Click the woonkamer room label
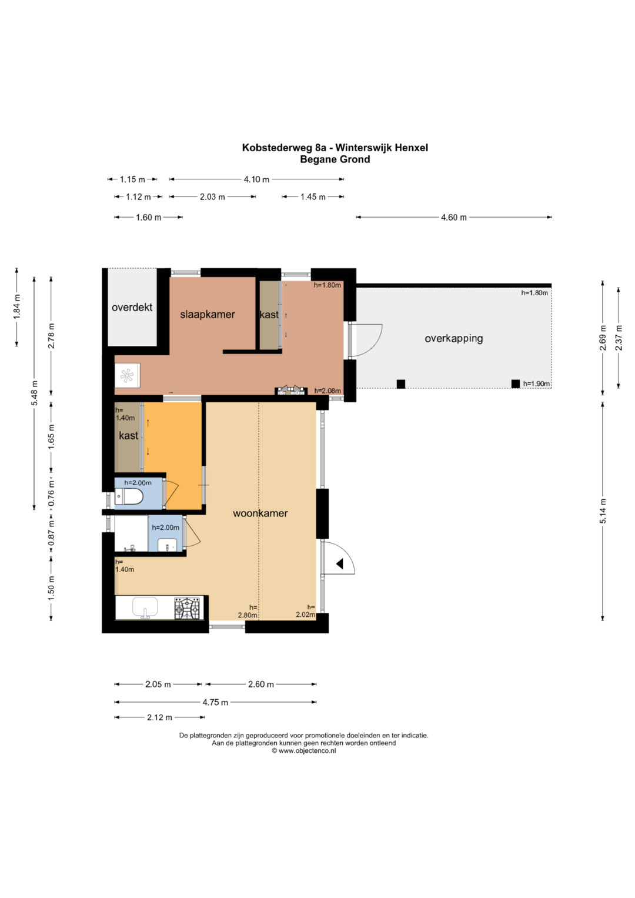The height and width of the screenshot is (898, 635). (x=260, y=513)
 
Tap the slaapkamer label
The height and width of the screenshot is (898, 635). (x=207, y=315)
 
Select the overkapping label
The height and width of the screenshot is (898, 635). (x=454, y=338)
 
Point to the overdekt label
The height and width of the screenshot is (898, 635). (x=132, y=308)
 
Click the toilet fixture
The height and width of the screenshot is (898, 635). (x=129, y=498)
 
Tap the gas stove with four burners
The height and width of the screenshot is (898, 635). (x=187, y=608)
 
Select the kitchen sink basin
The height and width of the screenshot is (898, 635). (x=145, y=607)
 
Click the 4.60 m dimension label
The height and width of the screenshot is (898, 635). (x=454, y=217)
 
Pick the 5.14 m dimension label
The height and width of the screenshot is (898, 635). (x=603, y=510)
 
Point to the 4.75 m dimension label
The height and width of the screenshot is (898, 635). (x=215, y=702)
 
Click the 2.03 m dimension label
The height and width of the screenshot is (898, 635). (x=212, y=197)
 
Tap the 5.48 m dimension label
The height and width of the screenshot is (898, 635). (x=35, y=393)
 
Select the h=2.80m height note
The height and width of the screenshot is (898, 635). (x=248, y=612)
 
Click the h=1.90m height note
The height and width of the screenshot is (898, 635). (x=536, y=383)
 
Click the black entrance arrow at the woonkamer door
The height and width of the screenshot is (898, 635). (x=340, y=564)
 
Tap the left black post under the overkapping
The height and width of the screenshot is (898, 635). (x=401, y=384)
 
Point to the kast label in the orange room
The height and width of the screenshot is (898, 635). (x=129, y=436)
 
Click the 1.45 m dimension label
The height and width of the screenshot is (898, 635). (x=313, y=197)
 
